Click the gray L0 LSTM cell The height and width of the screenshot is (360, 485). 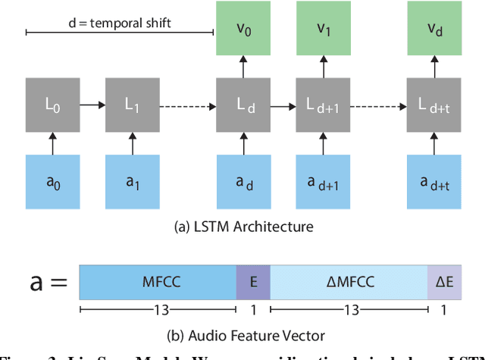point(52,105)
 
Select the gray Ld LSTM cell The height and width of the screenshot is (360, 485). point(243,105)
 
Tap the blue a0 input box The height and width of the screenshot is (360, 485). point(52,182)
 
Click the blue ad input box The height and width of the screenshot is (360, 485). point(243,182)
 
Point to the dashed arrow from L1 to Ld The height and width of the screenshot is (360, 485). point(186,105)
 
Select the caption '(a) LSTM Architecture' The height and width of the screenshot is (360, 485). point(242,226)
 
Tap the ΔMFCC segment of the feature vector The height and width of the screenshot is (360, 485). point(349,283)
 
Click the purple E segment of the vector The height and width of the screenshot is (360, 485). point(253,283)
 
